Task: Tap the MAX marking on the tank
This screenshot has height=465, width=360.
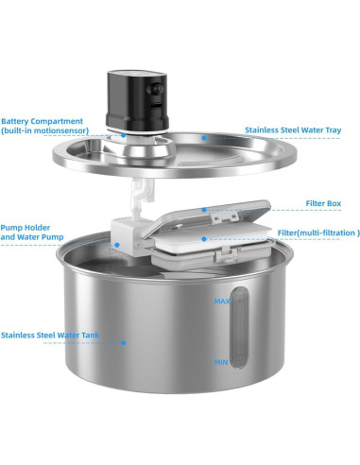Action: tap(220, 301)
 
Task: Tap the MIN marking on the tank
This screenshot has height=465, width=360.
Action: tap(221, 361)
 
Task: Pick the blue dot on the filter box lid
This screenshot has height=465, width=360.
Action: tap(203, 209)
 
